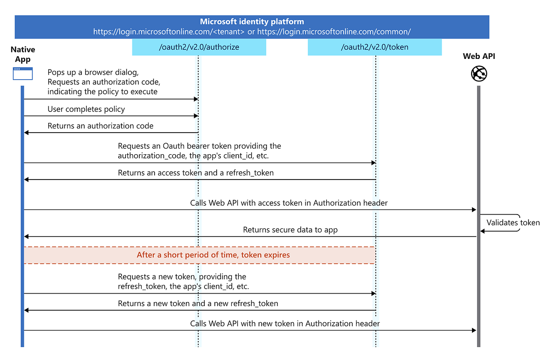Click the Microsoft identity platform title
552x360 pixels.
click(x=252, y=22)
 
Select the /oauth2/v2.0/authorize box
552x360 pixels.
click(x=199, y=47)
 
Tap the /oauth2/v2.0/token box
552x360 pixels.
click(x=374, y=47)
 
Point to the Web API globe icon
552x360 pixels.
click(x=479, y=74)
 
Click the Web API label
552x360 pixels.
click(x=479, y=57)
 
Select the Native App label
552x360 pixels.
click(x=23, y=54)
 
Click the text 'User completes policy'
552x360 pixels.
click(x=86, y=110)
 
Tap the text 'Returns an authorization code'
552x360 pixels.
click(x=100, y=126)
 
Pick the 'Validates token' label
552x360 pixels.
click(x=513, y=223)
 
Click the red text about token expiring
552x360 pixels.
click(x=213, y=255)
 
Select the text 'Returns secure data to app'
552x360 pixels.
click(x=290, y=230)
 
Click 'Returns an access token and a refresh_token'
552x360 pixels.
click(x=195, y=173)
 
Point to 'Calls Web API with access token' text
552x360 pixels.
click(x=288, y=203)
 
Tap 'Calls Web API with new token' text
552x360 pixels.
click(x=285, y=324)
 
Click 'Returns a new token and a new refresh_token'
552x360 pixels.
click(x=198, y=304)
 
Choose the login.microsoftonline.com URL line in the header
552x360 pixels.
click(x=252, y=32)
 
